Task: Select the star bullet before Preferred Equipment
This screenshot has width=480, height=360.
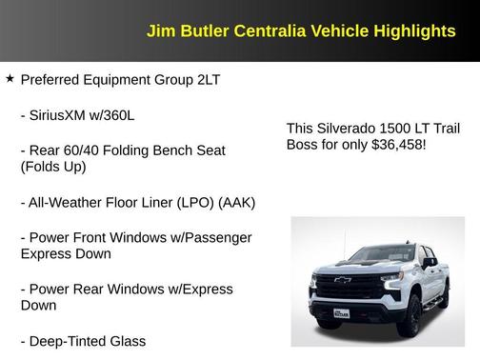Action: (x=10, y=79)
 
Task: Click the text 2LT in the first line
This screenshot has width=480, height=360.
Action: (x=208, y=80)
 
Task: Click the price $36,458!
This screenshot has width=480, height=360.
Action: (x=393, y=144)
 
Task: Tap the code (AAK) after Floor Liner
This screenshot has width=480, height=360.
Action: (x=235, y=202)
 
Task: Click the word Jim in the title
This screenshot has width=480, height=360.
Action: (x=160, y=31)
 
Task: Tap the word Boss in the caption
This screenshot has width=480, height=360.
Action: (x=305, y=144)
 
